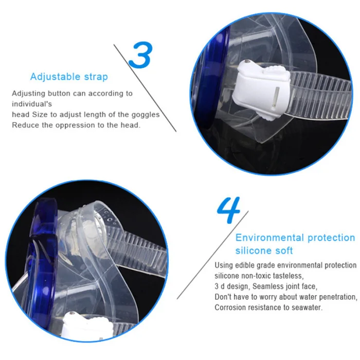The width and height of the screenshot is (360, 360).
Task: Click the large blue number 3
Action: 140,55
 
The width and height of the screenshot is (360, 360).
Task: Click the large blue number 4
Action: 228,210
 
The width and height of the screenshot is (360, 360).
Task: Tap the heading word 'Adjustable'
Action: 55,77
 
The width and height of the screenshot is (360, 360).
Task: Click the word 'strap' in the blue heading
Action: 96,77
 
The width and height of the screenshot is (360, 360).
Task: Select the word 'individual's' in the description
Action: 32,104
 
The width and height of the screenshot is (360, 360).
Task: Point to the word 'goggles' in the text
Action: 146,115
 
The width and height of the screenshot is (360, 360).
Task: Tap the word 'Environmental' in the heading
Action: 269,238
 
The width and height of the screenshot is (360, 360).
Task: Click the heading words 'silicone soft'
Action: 264,250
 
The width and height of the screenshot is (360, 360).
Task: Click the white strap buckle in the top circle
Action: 261,90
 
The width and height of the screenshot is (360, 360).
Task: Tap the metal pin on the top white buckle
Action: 247,62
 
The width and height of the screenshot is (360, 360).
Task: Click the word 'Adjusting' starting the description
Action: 28,94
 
